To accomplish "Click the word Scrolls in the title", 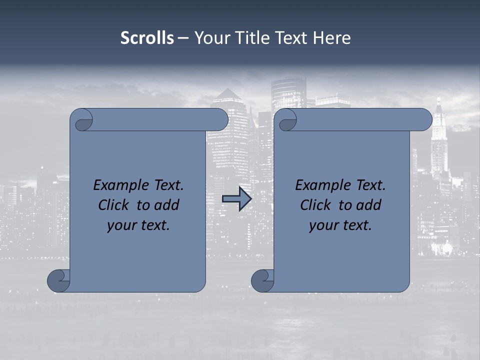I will [147, 38].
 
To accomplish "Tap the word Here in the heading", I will [331, 38].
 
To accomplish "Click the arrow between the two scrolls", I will [236, 199].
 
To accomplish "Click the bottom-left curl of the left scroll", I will [58, 280].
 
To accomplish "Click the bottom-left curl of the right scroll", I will [262, 280].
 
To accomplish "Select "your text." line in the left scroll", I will [138, 225].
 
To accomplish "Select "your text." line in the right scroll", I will [340, 225].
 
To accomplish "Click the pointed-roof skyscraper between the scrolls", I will [228, 100].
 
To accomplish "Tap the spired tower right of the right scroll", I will [439, 135].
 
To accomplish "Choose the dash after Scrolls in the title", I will [183, 38].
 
